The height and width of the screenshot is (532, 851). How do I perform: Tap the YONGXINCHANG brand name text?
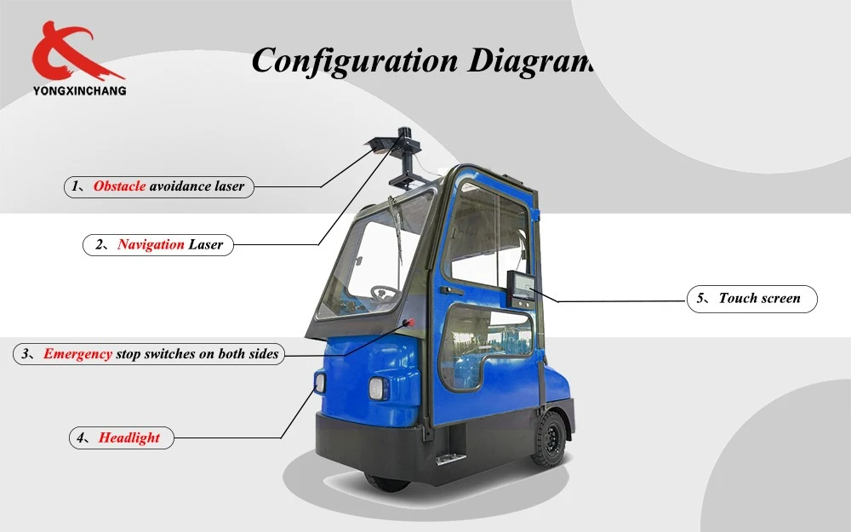pyautogui.click(x=79, y=91)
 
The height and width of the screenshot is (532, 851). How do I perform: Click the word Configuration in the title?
pyautogui.click(x=355, y=60)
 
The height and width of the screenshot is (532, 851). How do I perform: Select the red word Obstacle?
pyautogui.click(x=119, y=186)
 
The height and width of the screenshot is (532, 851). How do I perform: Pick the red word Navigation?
pyautogui.click(x=151, y=244)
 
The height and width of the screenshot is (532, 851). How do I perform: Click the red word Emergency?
pyautogui.click(x=77, y=354)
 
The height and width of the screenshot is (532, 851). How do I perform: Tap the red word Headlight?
pyautogui.click(x=129, y=438)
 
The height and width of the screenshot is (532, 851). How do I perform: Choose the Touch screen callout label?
pyautogui.click(x=751, y=299)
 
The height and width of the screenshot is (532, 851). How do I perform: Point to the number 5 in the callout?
pyautogui.click(x=700, y=298)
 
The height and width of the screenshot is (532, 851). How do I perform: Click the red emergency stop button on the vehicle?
pyautogui.click(x=410, y=323)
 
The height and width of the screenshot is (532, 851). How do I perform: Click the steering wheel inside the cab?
pyautogui.click(x=385, y=293)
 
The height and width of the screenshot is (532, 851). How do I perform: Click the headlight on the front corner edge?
pyautogui.click(x=320, y=383)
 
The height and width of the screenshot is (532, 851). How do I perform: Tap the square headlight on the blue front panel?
pyautogui.click(x=376, y=389)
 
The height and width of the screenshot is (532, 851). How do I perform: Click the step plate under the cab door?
pyautogui.click(x=450, y=459)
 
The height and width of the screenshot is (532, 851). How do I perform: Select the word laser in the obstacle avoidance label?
pyautogui.click(x=229, y=186)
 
